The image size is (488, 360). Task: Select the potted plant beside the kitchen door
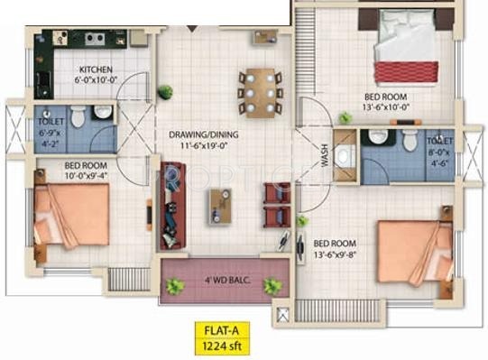pos(165,91)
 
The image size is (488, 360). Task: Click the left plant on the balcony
pos(175,286)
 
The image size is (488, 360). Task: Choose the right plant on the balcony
pos(272,286)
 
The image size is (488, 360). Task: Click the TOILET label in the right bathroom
pos(439,142)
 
